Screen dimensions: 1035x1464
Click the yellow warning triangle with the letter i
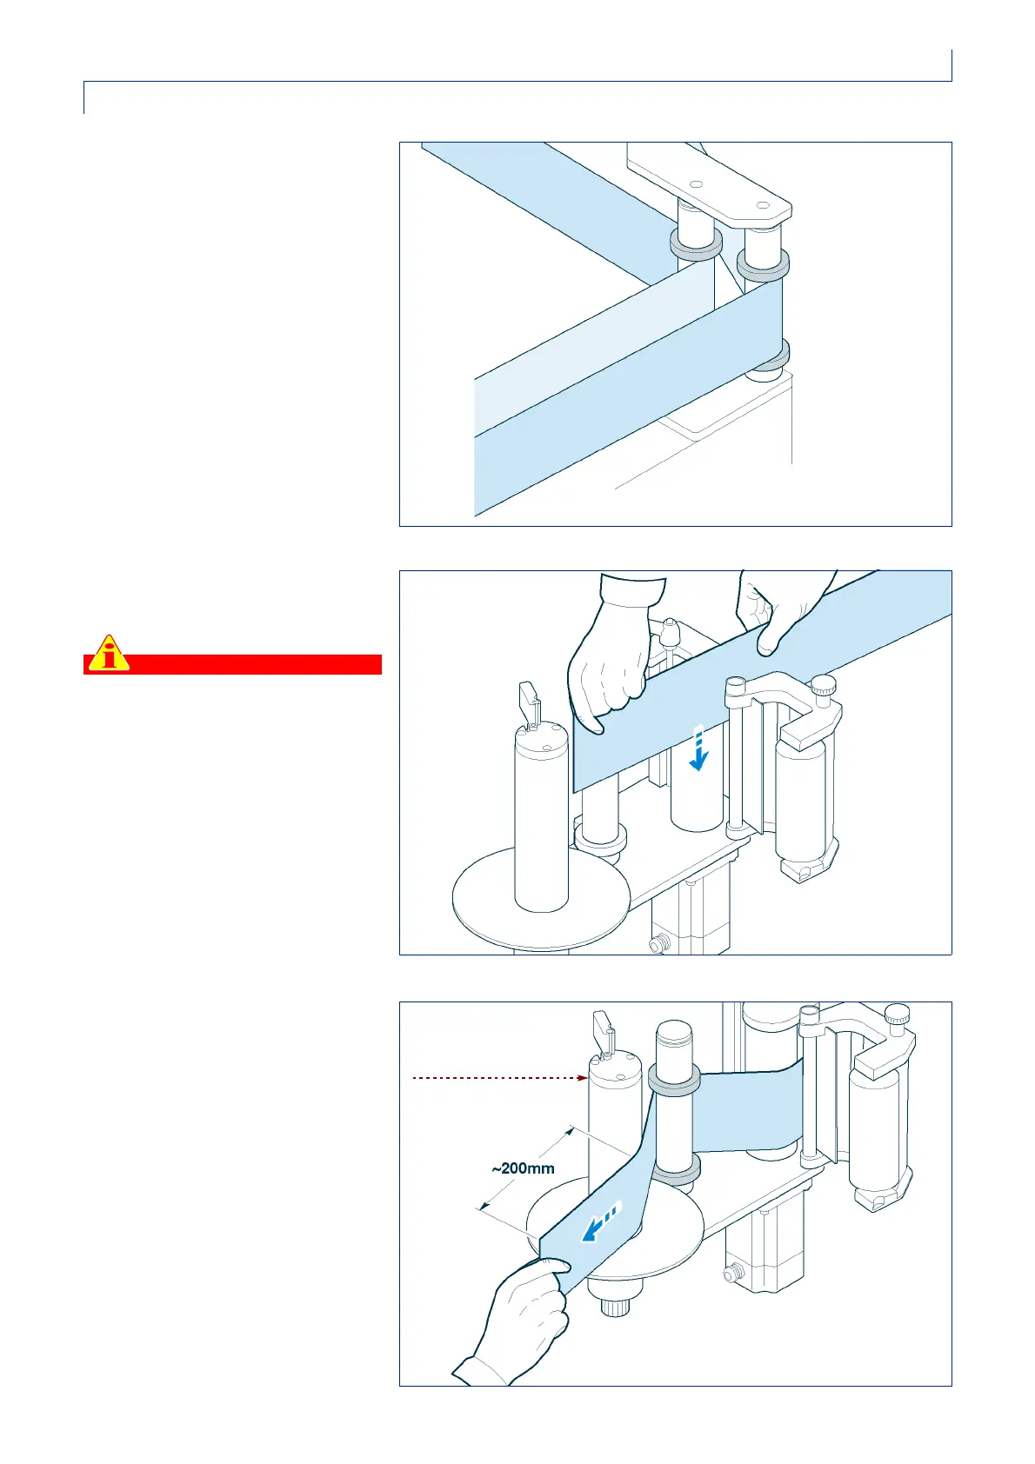[x=108, y=653]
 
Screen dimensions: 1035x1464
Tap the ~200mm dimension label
[x=524, y=1168]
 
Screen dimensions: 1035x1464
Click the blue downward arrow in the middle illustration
[x=698, y=749]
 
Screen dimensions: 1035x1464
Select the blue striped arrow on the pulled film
[x=601, y=1223]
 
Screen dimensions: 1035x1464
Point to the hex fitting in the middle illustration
[x=661, y=942]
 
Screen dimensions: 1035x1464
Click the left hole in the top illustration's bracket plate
[x=696, y=184]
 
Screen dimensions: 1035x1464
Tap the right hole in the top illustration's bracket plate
[x=761, y=206]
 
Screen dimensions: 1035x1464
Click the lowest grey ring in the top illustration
[x=771, y=356]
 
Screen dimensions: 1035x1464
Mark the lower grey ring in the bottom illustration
[x=675, y=1173]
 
